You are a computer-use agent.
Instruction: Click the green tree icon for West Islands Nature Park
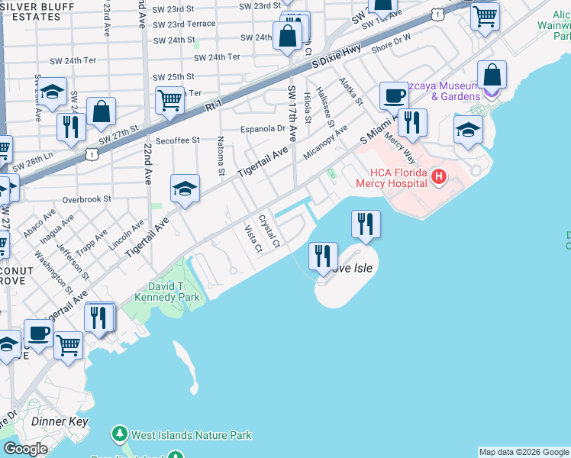[119, 435]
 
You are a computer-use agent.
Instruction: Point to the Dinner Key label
[54, 421]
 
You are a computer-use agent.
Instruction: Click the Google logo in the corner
[25, 449]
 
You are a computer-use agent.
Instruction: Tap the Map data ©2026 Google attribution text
[524, 452]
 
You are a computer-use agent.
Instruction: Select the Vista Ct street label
[253, 238]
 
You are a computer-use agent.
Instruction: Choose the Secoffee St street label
[176, 140]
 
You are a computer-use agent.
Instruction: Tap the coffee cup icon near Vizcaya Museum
[394, 96]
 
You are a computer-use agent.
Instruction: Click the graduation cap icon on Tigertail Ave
[185, 191]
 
